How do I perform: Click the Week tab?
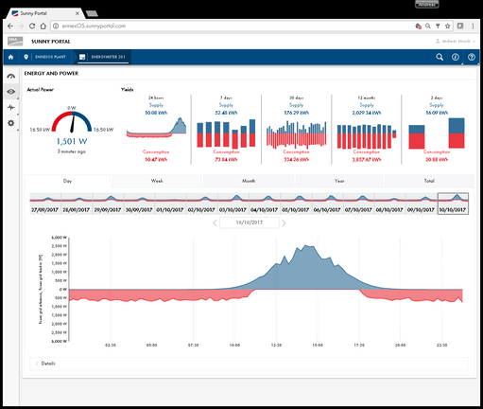click(x=156, y=180)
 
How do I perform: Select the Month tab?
click(x=248, y=180)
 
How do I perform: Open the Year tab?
click(x=338, y=180)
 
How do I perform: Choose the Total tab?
click(x=429, y=180)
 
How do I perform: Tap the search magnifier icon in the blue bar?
click(x=440, y=58)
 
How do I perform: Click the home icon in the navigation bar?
click(x=10, y=58)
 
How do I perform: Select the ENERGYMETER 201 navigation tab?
click(x=104, y=58)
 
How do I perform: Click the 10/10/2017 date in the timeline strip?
click(x=453, y=210)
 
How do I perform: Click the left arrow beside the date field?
click(x=215, y=222)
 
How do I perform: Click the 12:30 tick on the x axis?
click(x=277, y=346)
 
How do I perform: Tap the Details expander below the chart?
click(x=47, y=363)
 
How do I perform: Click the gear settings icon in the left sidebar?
click(x=10, y=123)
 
